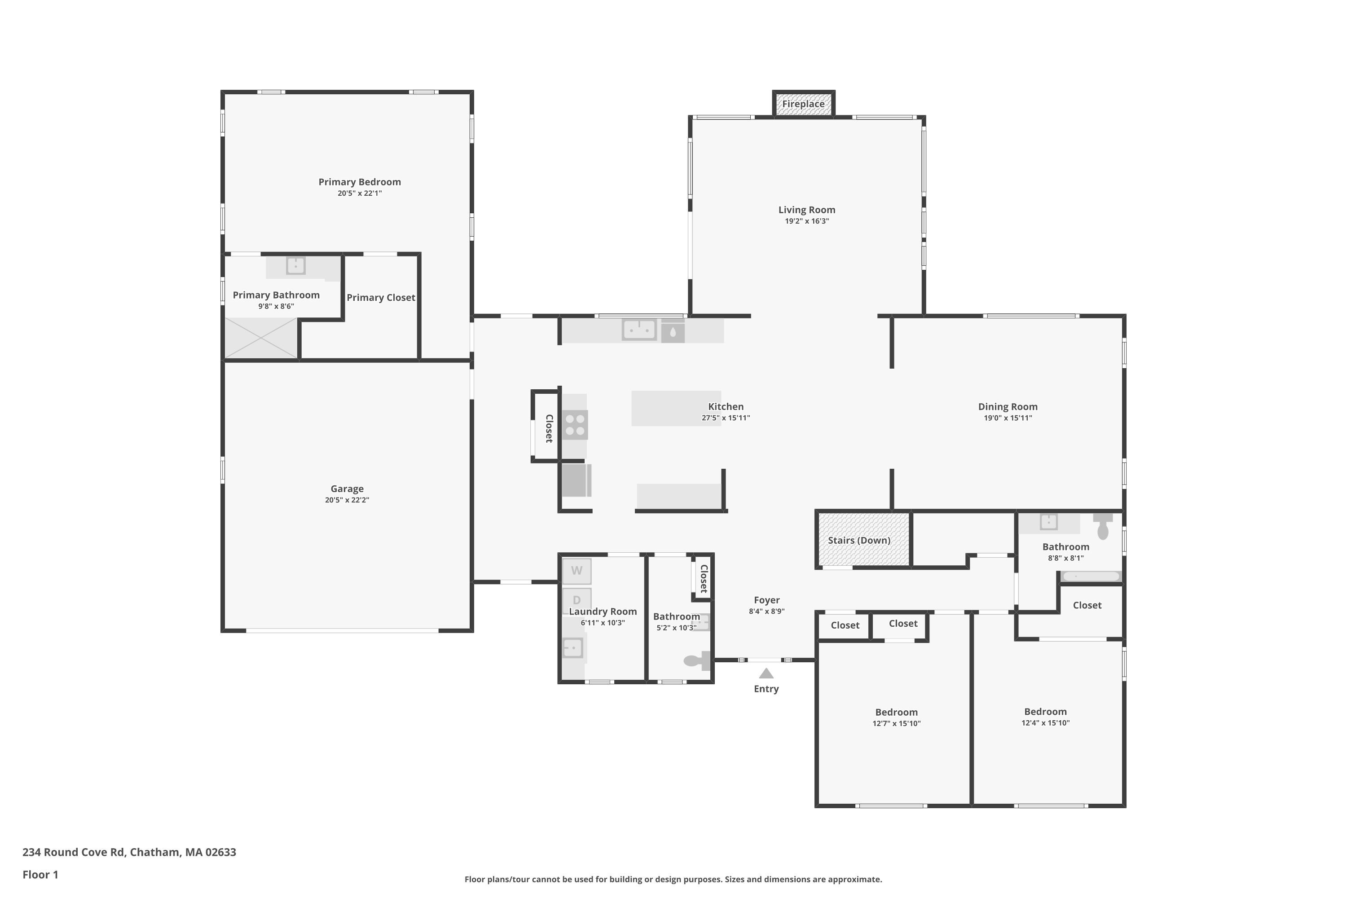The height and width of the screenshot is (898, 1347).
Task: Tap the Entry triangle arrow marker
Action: coord(766,673)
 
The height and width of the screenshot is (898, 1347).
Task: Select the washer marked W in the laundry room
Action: coord(577,571)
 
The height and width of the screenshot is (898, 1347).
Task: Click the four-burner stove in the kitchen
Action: coord(575,425)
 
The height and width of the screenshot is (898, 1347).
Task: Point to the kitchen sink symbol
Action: coord(639,330)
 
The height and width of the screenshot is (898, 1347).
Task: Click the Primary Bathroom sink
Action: coord(295,266)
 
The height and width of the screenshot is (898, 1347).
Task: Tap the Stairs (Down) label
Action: coord(859,541)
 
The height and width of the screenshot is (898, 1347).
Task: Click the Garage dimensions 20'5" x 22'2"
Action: coord(347,500)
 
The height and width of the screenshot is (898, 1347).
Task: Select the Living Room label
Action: coord(806,210)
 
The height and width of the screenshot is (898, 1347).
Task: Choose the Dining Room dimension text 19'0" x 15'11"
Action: coord(1008,418)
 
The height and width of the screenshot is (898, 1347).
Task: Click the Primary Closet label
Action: coord(381,298)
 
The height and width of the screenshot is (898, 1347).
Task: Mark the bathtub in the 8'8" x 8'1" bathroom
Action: coord(1091,577)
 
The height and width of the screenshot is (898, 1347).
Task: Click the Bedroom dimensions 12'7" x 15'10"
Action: coord(896,723)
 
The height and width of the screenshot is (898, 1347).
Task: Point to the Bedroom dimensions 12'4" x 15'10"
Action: coord(1045,723)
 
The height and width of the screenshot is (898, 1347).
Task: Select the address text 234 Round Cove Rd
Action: coord(73,852)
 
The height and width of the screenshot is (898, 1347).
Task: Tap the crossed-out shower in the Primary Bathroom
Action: coord(261,339)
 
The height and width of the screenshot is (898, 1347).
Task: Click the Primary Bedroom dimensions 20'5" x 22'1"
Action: coord(360,194)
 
